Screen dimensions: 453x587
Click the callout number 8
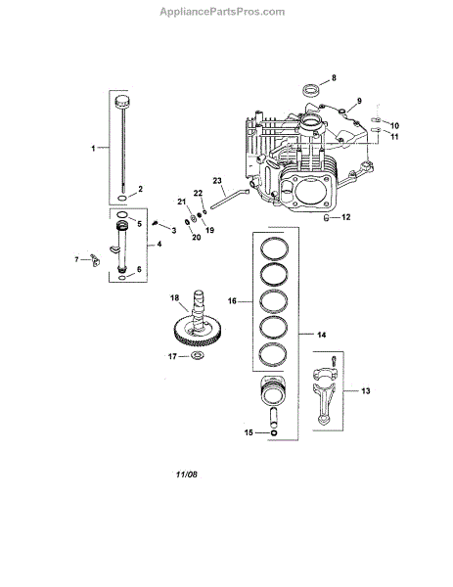pyautogui.click(x=334, y=78)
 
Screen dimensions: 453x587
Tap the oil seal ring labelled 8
pyautogui.click(x=311, y=90)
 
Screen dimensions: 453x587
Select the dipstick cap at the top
pyautogui.click(x=122, y=102)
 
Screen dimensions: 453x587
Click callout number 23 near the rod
pyautogui.click(x=217, y=180)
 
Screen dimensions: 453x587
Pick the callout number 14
pyautogui.click(x=321, y=335)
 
